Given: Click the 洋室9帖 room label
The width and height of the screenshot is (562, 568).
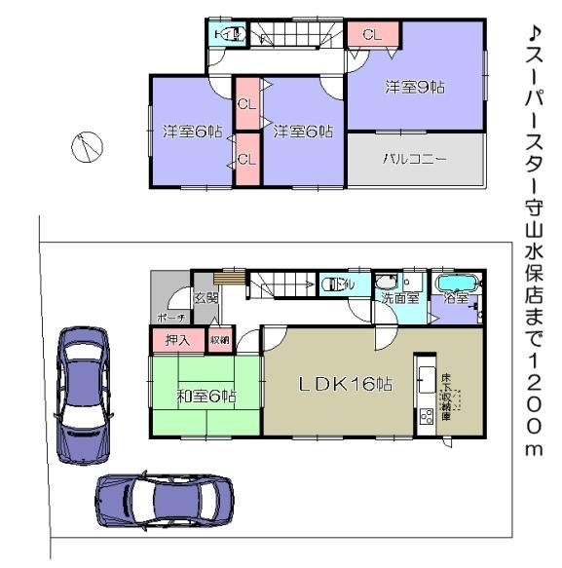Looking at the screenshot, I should (414, 87).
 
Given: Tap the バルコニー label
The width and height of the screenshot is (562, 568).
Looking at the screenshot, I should (414, 158).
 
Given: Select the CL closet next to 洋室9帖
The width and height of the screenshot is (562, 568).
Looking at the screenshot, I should (371, 34).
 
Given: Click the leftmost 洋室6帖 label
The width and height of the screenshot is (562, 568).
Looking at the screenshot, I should (193, 131).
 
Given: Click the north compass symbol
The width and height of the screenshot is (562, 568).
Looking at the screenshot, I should (85, 147).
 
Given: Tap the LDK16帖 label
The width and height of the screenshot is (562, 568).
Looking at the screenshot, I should (345, 384).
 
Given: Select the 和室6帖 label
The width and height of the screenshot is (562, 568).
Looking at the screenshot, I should (206, 396).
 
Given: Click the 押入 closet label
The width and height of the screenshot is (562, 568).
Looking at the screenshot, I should (177, 341).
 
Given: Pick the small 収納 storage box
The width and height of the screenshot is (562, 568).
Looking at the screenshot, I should (219, 341).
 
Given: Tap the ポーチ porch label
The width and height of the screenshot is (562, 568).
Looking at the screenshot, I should (170, 318).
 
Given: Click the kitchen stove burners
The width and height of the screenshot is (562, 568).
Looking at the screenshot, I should (426, 418).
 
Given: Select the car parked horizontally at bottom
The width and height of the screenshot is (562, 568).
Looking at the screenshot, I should (165, 501).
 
